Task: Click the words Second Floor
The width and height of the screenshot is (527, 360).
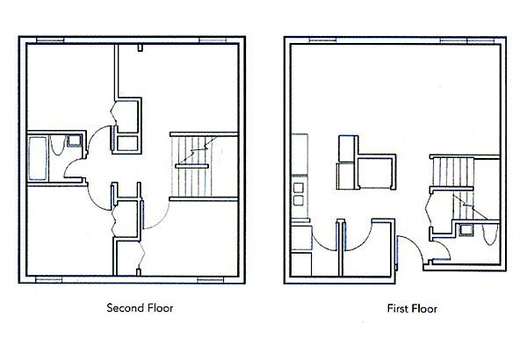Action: click(x=140, y=308)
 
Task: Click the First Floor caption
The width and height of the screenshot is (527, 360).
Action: click(x=412, y=309)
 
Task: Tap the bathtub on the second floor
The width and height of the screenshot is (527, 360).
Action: click(x=37, y=158)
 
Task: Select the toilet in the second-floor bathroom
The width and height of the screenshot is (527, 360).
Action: click(x=57, y=145)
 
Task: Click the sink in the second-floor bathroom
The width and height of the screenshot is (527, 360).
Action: click(x=74, y=141)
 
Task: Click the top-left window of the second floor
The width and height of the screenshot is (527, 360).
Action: click(x=50, y=41)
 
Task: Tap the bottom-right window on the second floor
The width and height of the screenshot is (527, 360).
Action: click(x=210, y=279)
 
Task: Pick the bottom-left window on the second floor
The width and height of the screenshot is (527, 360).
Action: click(x=49, y=279)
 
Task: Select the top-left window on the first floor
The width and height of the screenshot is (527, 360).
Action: click(x=322, y=40)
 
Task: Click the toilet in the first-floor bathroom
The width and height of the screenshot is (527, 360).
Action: click(x=489, y=234)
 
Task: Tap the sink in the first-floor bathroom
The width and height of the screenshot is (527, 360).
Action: click(x=466, y=230)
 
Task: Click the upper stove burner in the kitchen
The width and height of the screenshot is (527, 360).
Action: click(x=298, y=188)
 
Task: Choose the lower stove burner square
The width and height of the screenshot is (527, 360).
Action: click(x=298, y=201)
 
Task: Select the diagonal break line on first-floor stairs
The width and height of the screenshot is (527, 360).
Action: click(x=470, y=206)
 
